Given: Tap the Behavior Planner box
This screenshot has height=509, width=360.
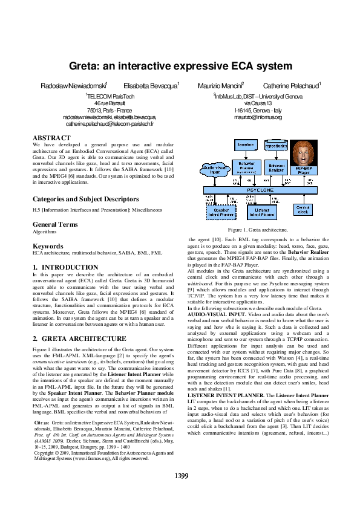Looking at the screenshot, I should (246, 167).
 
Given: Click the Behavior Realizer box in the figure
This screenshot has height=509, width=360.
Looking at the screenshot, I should (276, 168).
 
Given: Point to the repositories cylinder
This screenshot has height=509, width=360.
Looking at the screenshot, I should (276, 146).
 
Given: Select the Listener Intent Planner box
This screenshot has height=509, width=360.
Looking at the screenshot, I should (262, 212).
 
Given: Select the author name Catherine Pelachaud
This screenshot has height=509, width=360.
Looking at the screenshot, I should (292, 87).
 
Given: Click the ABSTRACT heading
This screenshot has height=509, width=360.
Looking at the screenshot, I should (51, 138).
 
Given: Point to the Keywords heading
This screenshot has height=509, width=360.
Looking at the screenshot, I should (48, 246).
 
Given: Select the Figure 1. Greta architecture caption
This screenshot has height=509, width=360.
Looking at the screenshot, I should (257, 230).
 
